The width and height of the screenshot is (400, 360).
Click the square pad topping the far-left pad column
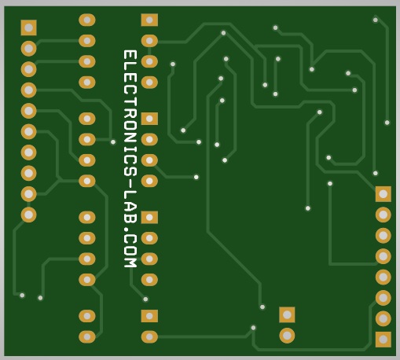(28, 28)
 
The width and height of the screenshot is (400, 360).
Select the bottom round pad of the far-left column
(28, 215)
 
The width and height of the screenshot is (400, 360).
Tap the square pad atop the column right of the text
(149, 20)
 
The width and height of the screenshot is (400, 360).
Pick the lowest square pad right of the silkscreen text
(149, 316)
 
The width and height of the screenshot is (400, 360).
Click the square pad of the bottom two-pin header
(287, 314)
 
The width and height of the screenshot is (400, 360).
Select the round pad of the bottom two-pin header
(287, 336)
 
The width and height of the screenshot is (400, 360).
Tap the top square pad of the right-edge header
(383, 194)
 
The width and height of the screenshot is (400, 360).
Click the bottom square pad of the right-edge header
(383, 340)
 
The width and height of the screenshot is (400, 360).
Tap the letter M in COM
(130, 261)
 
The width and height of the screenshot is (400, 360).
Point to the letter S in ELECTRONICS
(130, 171)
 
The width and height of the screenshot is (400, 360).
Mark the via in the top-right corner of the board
(376, 20)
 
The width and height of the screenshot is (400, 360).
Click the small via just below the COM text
(145, 299)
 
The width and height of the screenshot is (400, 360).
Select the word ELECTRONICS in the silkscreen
(130, 113)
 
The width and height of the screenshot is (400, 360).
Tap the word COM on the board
(130, 250)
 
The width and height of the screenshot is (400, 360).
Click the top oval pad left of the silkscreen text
(87, 20)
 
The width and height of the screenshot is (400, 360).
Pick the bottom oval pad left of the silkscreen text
(87, 337)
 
